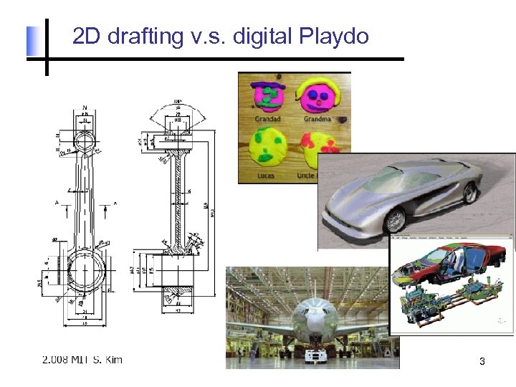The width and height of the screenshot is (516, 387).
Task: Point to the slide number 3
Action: pyautogui.click(x=482, y=362)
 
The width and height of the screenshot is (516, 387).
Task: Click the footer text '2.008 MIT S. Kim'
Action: pyautogui.click(x=82, y=358)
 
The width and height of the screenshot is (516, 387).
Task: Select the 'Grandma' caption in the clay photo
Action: pyautogui.click(x=317, y=118)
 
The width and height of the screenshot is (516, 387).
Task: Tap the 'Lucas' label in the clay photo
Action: pyautogui.click(x=267, y=174)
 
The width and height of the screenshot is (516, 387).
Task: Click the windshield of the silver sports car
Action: pyautogui.click(x=423, y=176)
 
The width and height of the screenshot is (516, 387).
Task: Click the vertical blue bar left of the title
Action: pyautogui.click(x=32, y=41)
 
